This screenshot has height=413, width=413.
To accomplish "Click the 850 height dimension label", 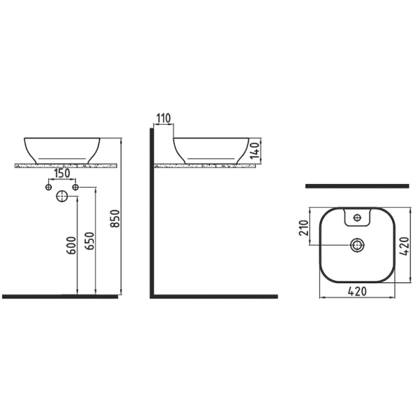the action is (x=116, y=219).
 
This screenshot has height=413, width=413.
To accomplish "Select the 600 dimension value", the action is (x=71, y=246).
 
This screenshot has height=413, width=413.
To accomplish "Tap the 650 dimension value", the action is (x=89, y=241).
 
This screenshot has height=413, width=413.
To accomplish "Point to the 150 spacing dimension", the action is (x=62, y=173).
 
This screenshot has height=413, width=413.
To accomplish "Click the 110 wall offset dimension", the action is (x=163, y=119).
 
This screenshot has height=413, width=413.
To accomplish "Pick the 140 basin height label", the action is (x=255, y=151).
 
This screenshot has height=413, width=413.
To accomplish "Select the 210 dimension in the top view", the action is (x=304, y=228).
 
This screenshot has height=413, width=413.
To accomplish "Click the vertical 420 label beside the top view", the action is (x=404, y=246).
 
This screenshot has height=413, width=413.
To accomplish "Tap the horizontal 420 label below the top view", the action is (x=357, y=291).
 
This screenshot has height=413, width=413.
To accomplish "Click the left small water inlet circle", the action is (x=49, y=187).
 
